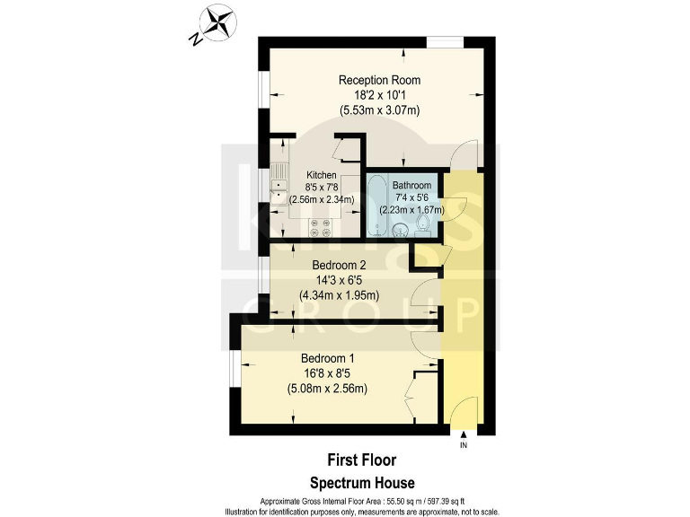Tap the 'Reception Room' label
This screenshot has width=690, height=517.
[379, 80]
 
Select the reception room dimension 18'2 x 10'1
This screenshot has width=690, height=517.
[379, 95]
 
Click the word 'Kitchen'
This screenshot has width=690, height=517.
[322, 175]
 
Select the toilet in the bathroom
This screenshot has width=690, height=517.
[427, 222]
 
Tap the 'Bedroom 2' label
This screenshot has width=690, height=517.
[340, 265]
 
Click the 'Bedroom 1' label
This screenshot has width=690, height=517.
[327, 357]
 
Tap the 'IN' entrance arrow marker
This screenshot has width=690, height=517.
[464, 440]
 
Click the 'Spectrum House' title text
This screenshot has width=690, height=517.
[362, 483]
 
